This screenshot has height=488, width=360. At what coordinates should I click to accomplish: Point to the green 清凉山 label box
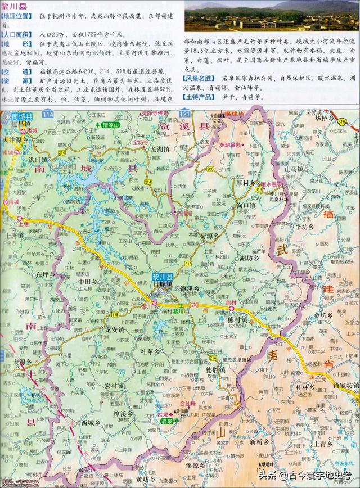click(x=109, y=126)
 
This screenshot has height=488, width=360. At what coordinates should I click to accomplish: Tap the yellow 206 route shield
click(x=210, y=169)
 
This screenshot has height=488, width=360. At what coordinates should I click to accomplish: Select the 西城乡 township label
click(x=90, y=422)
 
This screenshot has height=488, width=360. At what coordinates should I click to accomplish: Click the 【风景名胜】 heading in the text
click(x=198, y=79)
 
